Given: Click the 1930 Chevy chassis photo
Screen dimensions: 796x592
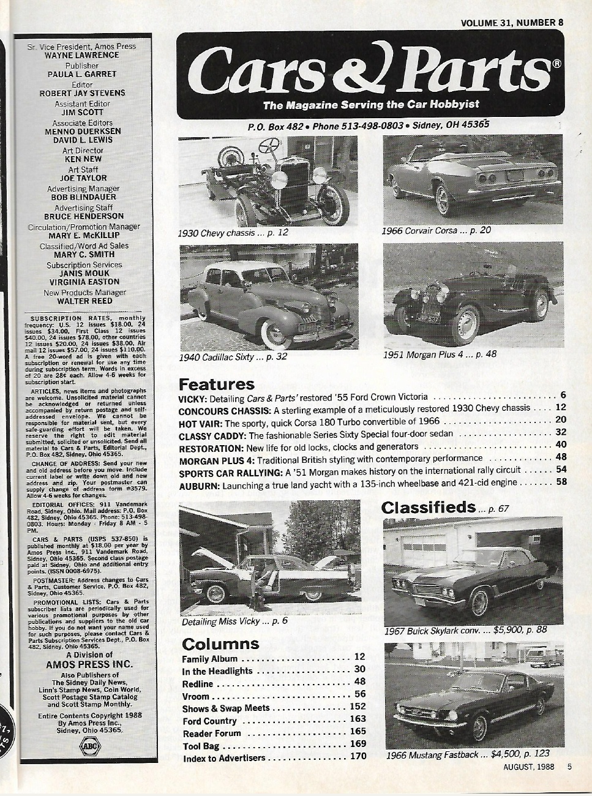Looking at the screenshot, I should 268,181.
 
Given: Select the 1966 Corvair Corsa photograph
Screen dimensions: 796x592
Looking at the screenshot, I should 472,179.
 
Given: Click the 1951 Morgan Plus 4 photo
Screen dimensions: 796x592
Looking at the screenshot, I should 473,293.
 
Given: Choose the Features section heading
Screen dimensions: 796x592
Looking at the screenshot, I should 216,385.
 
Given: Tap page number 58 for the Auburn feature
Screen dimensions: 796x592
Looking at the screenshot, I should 561,482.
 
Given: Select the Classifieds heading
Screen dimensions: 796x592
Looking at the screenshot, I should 428,507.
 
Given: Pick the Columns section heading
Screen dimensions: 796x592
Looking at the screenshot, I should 220,644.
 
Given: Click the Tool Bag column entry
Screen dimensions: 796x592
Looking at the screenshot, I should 201,746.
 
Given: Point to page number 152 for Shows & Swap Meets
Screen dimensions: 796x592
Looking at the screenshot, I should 357,707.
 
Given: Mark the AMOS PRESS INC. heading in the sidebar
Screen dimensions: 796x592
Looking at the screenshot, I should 89,664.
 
